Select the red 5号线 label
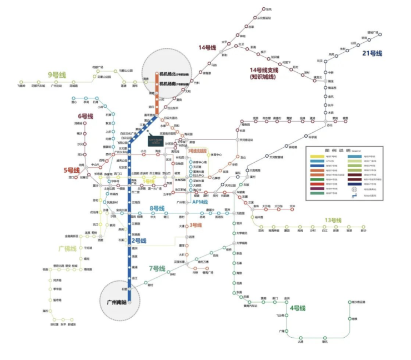pos(72,170)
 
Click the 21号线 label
pos(372,53)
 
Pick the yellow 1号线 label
pos(148,181)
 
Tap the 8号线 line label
pos(158,208)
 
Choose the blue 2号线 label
pos(139,241)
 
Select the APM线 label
pos(199,202)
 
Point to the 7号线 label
pos(157,268)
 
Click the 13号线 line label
pos(333,220)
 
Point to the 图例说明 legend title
pos(337,150)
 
